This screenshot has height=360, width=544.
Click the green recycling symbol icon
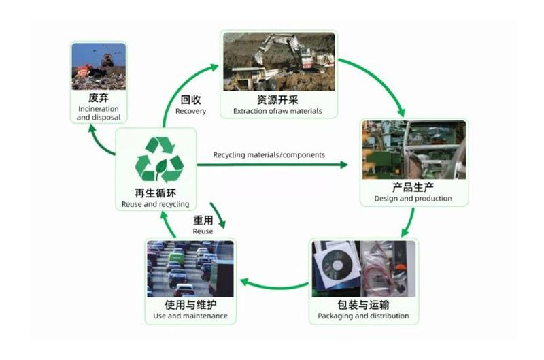(159, 159)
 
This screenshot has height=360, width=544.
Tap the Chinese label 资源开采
(277, 100)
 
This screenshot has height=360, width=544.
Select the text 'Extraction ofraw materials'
(277, 111)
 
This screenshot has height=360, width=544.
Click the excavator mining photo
(279, 61)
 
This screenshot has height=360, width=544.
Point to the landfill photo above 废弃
(99, 66)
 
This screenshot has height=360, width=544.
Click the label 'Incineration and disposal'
(99, 113)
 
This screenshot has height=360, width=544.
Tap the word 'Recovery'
(191, 111)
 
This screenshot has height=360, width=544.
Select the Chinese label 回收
(191, 100)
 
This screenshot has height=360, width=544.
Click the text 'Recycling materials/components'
(269, 155)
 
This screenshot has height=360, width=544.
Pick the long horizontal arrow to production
(273, 165)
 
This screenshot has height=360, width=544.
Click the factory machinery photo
(414, 150)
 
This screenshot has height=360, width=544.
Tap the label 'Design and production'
(413, 199)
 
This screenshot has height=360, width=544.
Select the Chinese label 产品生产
(413, 187)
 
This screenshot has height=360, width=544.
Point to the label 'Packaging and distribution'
(363, 316)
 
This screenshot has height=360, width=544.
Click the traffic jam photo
(190, 269)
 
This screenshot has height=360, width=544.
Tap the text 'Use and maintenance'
(190, 316)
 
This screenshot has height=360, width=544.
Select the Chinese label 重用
(203, 220)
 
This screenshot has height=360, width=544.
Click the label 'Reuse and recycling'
(156, 204)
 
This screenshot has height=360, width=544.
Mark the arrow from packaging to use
(274, 287)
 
